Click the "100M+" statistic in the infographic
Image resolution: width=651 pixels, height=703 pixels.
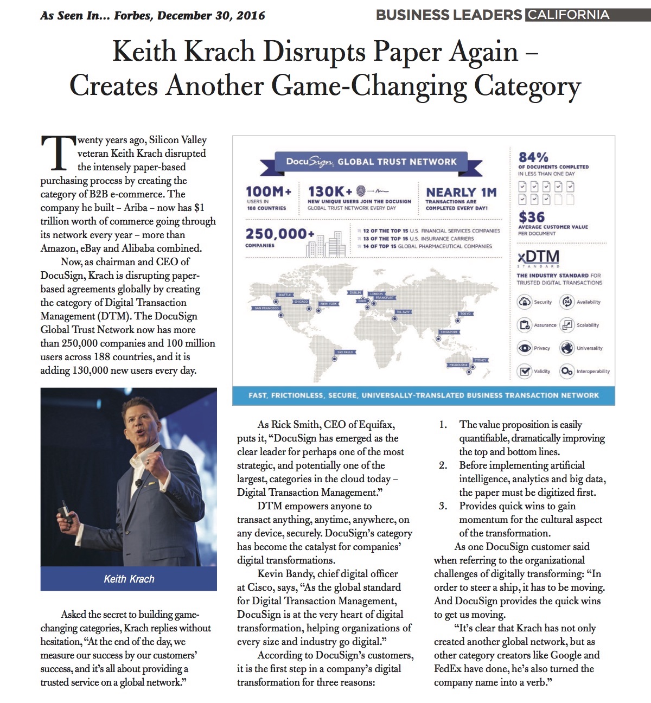click(x=269, y=191)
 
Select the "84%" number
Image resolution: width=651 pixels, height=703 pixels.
click(x=533, y=157)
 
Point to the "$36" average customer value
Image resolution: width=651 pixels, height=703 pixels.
click(x=532, y=217)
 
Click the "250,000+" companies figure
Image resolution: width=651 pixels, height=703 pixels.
click(x=280, y=234)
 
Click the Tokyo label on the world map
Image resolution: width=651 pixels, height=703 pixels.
click(x=465, y=314)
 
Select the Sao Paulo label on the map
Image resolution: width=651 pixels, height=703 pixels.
click(x=345, y=352)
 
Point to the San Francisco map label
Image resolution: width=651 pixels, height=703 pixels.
click(x=266, y=308)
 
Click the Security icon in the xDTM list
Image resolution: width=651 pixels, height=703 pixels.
click(x=525, y=302)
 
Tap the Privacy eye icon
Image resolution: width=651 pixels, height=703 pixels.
click(x=525, y=348)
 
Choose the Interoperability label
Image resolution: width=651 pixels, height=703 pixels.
click(x=593, y=372)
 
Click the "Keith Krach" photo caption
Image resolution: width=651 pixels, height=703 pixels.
click(x=129, y=579)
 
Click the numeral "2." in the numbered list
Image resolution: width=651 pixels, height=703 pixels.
click(x=443, y=465)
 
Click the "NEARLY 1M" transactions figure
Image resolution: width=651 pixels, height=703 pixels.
click(x=461, y=193)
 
